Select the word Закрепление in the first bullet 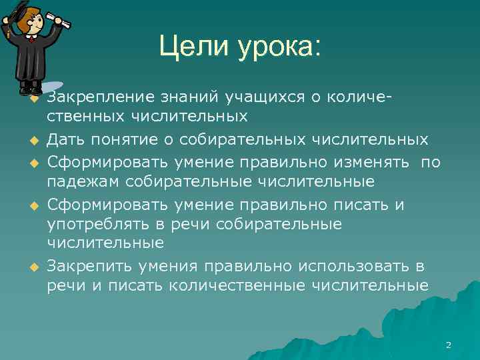pyautogui.click(x=100, y=99)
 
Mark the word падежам pyautogui.click(x=82, y=182)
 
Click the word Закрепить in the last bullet pyautogui.click(x=90, y=267)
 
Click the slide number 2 pyautogui.click(x=448, y=345)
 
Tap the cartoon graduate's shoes pyautogui.click(x=31, y=89)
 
